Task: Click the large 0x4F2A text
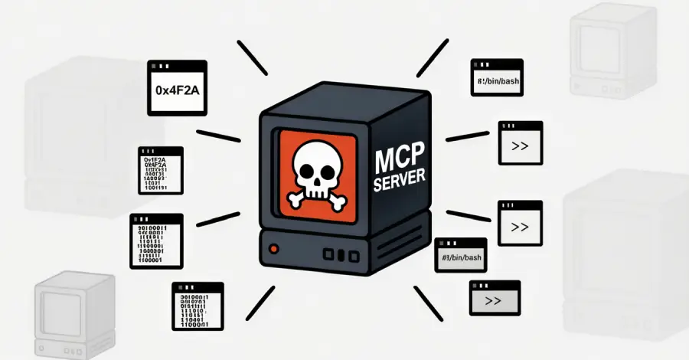tap(177, 90)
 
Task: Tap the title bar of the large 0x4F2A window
tap(177, 67)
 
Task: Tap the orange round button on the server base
tap(273, 249)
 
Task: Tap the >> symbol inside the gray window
tap(493, 302)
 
